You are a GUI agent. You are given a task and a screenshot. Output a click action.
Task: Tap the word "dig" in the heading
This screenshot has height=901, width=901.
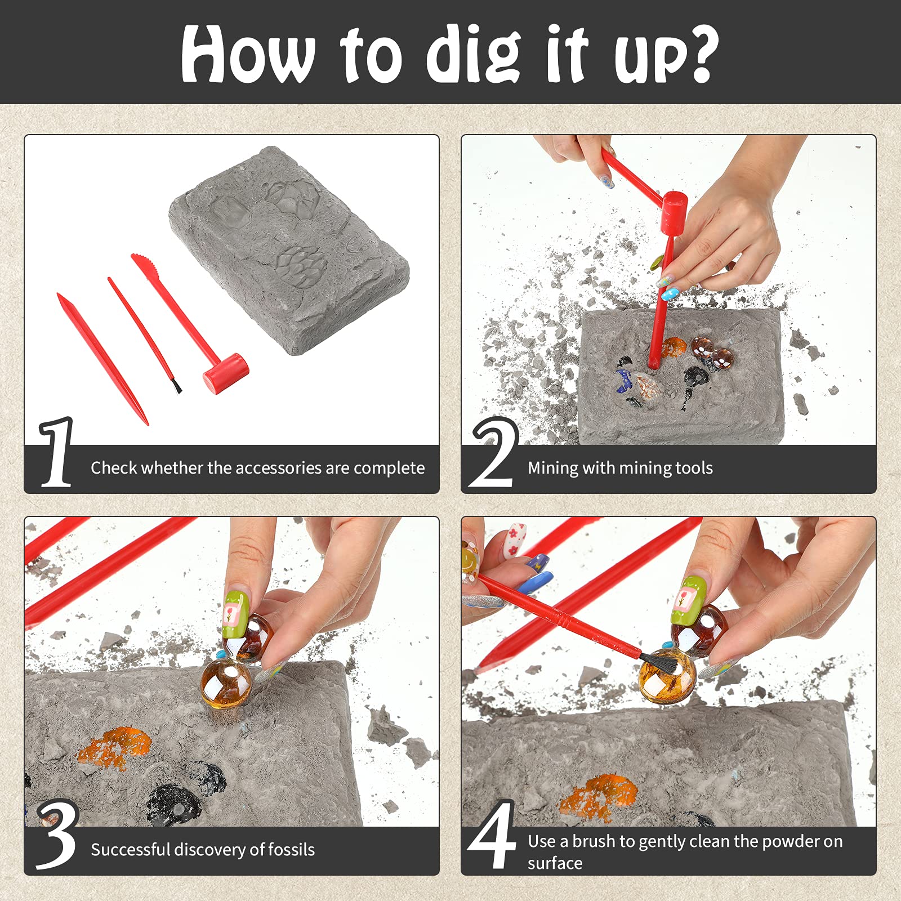[473, 55]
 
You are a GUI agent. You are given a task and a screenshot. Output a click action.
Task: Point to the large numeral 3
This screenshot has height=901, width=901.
[57, 834]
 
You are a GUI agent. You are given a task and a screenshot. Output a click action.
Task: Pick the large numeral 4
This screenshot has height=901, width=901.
[493, 834]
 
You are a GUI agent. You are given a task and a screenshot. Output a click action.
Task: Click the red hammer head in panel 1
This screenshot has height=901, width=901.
[226, 373]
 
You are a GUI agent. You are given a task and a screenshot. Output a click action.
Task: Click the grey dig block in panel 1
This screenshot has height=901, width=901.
[289, 250]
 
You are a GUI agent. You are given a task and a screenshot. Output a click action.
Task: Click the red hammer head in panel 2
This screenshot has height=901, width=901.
[674, 212]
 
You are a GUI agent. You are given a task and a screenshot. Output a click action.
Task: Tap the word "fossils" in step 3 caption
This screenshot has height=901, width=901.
[289, 849]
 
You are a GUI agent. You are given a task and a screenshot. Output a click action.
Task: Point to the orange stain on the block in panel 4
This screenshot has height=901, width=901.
[598, 797]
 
